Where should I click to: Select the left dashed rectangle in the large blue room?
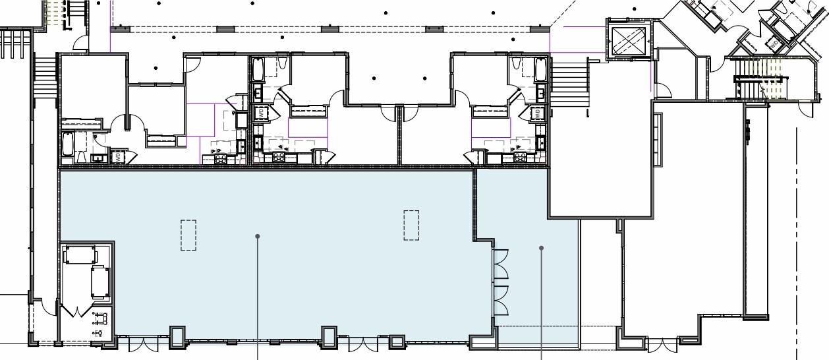point(188,235)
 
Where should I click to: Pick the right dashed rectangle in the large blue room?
point(411,225)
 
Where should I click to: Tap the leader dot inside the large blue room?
point(258,235)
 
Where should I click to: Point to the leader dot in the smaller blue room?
point(542,249)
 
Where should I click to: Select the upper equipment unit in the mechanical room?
point(79,254)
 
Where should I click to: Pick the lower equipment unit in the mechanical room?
point(99,282)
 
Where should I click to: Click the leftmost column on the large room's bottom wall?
point(177,337)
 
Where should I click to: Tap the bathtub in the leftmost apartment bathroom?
point(68,144)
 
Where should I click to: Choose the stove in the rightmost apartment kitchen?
point(520,157)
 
